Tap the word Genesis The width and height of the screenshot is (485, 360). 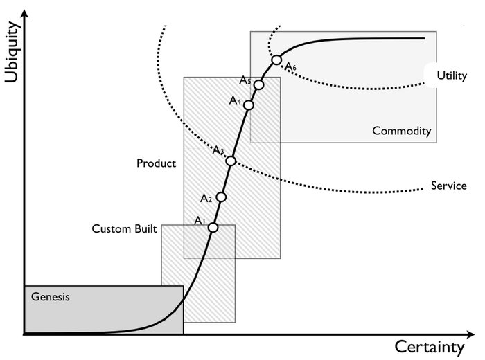51,297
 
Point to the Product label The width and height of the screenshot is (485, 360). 156,164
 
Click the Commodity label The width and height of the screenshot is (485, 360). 401,131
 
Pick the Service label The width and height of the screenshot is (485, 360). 448,186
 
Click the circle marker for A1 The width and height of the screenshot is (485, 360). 213,227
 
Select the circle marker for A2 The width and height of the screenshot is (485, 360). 221,197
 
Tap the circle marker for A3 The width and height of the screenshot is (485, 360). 231,161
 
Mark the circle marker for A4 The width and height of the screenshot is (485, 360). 249,105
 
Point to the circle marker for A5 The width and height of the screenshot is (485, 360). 259,84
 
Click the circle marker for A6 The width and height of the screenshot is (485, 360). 276,60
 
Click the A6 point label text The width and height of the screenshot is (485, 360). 290,67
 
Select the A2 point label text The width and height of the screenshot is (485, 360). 205,199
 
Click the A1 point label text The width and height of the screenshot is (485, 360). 200,221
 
